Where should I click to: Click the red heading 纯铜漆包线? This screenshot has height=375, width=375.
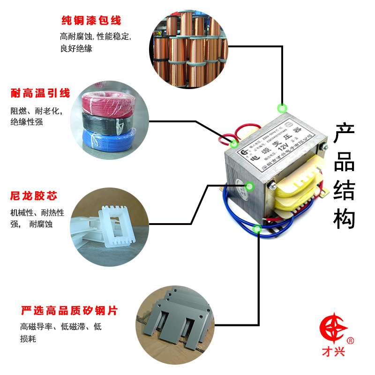click(91, 21)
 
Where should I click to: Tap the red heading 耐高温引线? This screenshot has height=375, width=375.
click(40, 94)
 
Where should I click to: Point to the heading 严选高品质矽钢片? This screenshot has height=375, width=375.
click(69, 310)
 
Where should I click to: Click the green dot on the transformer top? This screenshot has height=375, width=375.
click(282, 108)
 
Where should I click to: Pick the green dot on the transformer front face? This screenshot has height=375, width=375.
click(249, 187)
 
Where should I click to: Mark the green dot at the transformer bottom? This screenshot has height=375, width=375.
click(257, 229)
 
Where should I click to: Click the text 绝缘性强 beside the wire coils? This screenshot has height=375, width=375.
click(27, 122)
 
